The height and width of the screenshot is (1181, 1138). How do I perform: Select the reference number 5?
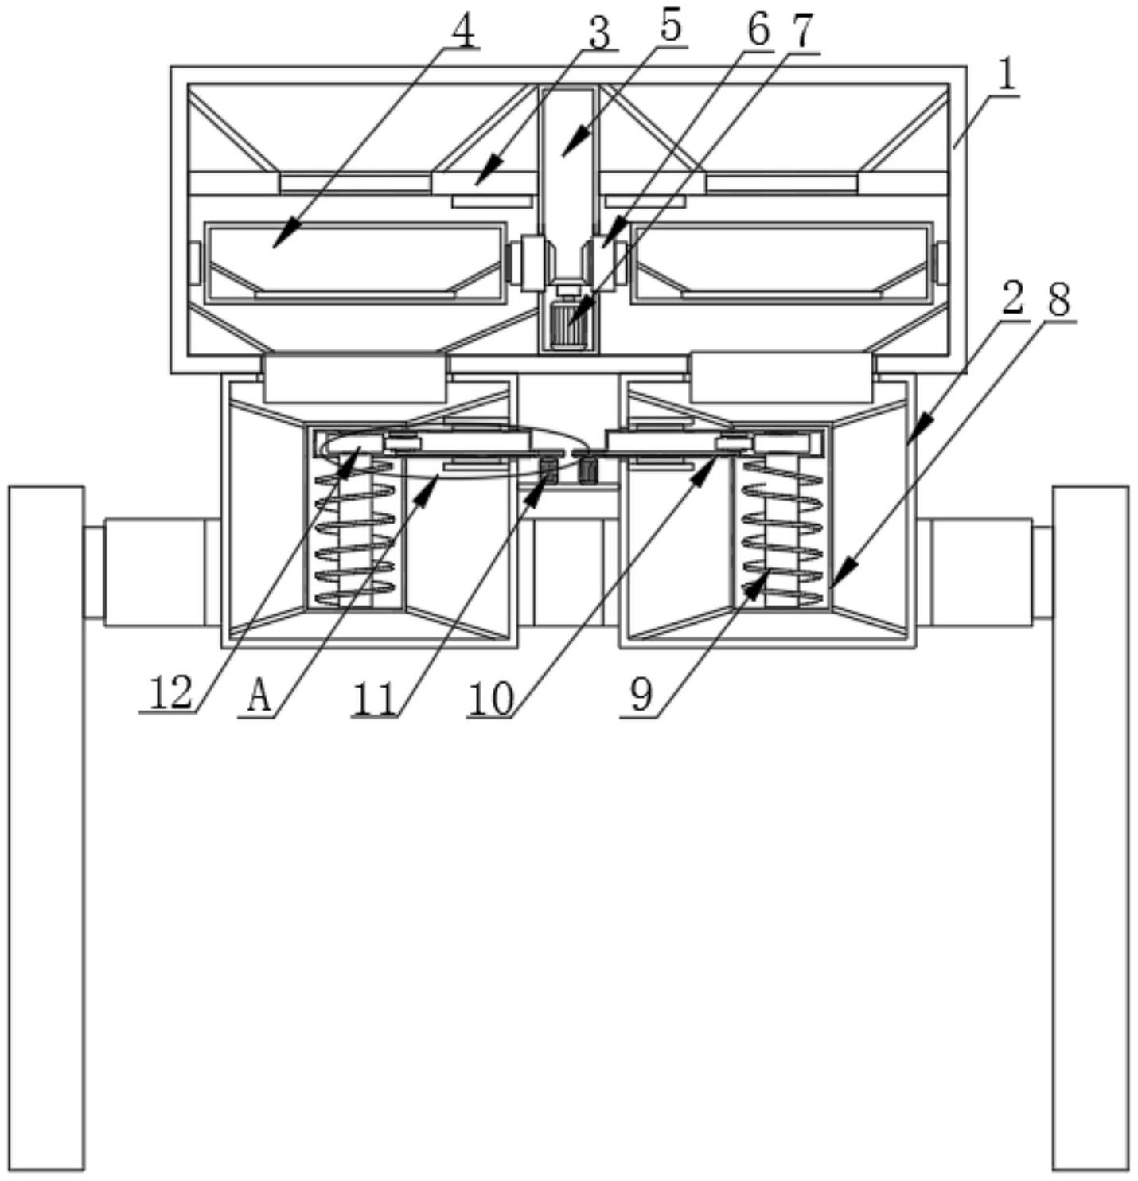pos(670,26)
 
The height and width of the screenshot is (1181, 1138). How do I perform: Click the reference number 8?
pos(1058,300)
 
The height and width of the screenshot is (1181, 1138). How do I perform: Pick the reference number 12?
pos(170,692)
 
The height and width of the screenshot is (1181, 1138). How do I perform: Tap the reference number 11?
pos(375,700)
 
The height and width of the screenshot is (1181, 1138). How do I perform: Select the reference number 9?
pos(641,695)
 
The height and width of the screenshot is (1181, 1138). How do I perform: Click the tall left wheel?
pos(46,828)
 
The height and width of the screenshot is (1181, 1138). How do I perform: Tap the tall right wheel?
pos(1090,828)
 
